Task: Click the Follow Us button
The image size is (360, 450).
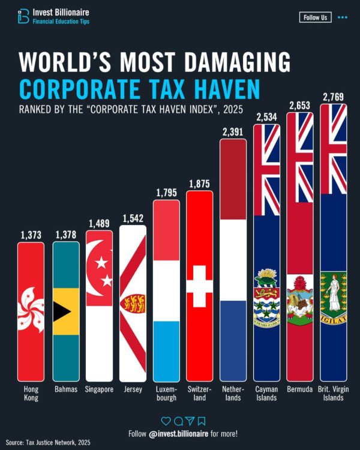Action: [315, 17]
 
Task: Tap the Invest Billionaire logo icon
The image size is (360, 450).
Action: [23, 16]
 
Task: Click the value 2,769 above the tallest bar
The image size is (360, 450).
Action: [333, 97]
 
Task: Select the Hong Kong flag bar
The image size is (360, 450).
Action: [31, 312]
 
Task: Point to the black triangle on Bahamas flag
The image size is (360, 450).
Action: [60, 311]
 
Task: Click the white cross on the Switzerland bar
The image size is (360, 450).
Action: [199, 292]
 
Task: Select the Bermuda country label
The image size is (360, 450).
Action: [299, 389]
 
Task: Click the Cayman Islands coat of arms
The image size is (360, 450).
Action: [265, 295]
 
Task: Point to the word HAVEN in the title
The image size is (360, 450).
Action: [217, 89]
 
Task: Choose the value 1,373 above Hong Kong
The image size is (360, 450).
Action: [31, 236]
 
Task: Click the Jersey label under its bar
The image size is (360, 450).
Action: [132, 389]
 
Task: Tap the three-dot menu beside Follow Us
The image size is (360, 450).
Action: [343, 17]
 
